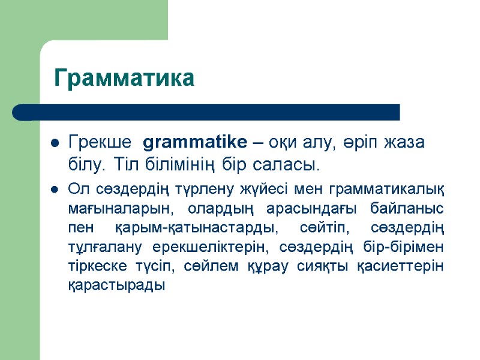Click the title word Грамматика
tap(124, 78)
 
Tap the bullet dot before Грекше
tap(54, 144)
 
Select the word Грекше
tap(100, 143)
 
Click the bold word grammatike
tap(196, 143)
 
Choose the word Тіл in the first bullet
tap(126, 164)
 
